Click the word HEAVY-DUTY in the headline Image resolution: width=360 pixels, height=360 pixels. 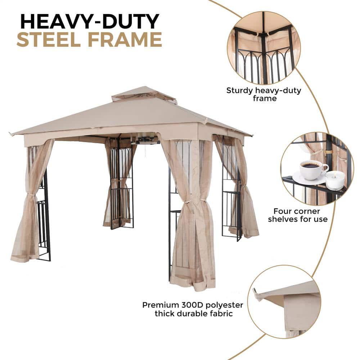click(89, 21)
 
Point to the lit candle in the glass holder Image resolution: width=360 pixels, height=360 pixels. click(335, 180)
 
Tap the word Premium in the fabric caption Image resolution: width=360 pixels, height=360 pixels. click(160, 305)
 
